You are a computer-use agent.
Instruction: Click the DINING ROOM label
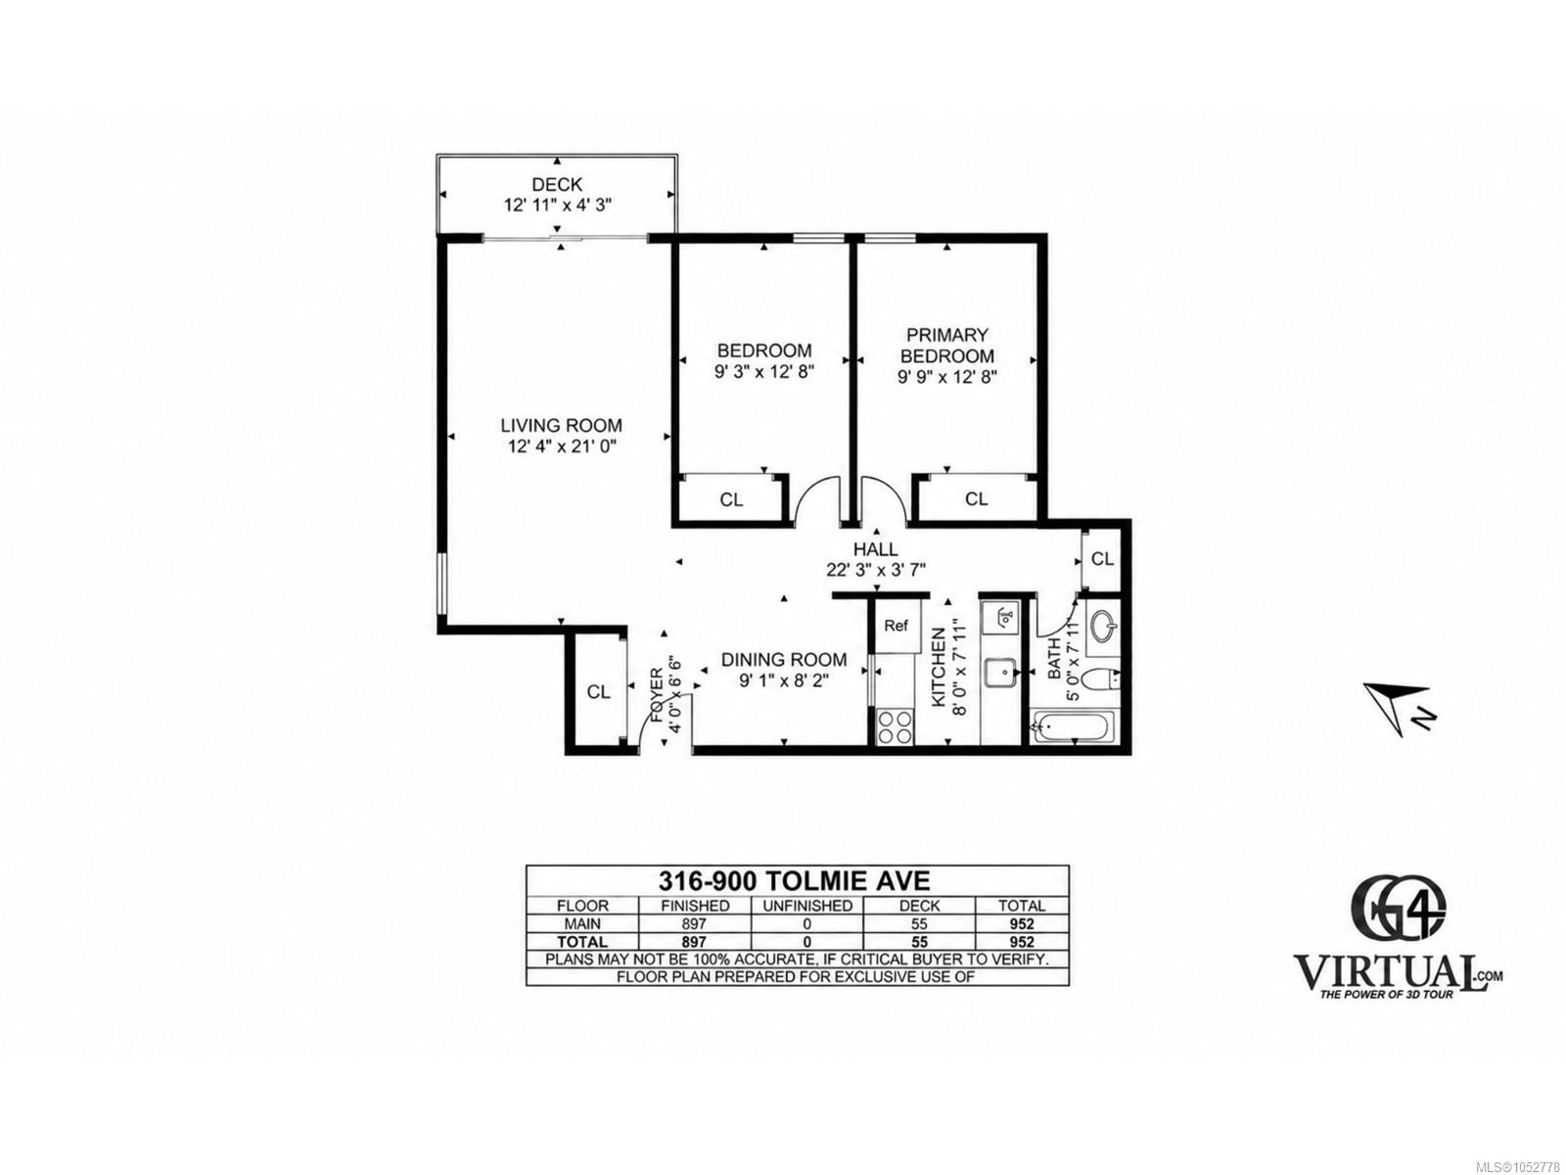tap(783, 659)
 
